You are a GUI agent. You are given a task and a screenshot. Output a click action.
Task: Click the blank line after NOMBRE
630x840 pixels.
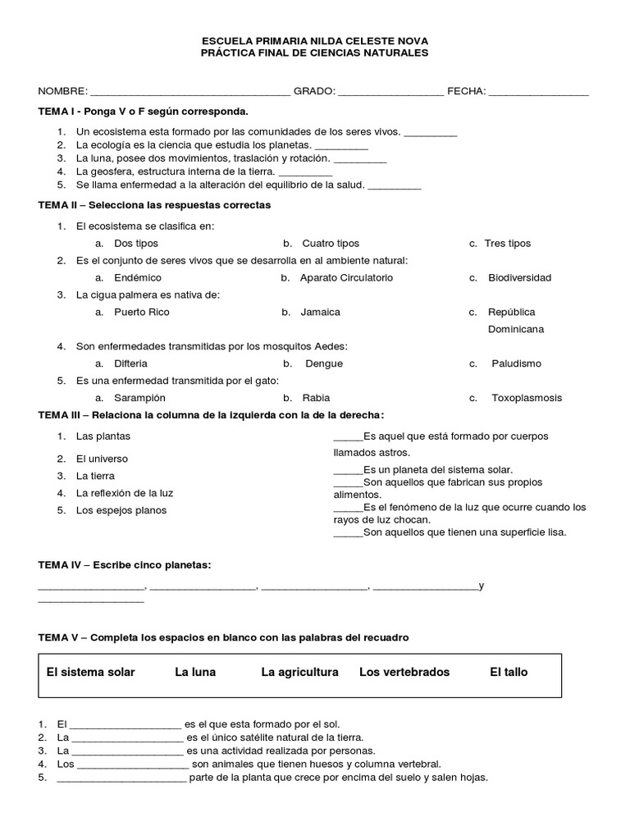point(189,92)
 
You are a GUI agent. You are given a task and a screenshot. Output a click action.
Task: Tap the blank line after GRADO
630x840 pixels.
point(390,92)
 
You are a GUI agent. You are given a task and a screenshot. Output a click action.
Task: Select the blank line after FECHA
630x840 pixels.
point(538,92)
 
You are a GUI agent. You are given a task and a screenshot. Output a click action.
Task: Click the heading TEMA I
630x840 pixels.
point(143,111)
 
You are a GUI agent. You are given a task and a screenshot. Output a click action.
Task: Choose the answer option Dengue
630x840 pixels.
point(324,363)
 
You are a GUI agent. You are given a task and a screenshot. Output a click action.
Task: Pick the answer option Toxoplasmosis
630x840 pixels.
point(527,398)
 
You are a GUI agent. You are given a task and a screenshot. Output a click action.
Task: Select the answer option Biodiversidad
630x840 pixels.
point(519,277)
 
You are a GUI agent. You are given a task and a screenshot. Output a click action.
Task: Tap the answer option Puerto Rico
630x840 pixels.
point(142,312)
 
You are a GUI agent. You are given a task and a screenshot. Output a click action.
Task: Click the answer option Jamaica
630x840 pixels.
point(320,312)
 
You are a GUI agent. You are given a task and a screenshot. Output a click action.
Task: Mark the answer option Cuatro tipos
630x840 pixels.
point(331,243)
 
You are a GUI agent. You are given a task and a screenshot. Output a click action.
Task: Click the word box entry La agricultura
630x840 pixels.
point(299,672)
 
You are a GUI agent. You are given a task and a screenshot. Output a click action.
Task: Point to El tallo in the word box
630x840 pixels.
point(509,672)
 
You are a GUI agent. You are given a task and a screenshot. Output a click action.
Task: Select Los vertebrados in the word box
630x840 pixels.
point(404,672)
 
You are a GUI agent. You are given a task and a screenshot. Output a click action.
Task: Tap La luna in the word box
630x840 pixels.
point(195,672)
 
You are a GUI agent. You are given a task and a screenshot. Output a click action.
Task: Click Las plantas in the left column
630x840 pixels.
point(103,436)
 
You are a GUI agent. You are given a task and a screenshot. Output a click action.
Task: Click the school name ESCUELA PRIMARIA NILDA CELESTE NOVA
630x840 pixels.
point(315,40)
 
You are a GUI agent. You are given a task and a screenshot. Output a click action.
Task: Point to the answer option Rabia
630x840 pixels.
point(316,398)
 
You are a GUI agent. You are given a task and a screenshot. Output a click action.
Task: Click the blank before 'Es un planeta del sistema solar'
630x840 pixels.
point(348,471)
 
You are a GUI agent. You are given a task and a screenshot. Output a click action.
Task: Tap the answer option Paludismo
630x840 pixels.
point(517,363)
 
